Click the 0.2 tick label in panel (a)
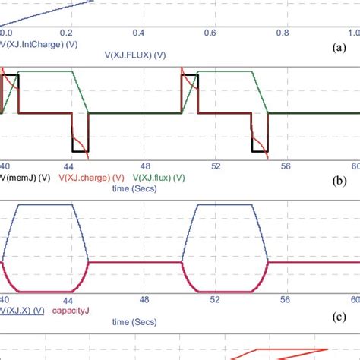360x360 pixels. pos(68,33)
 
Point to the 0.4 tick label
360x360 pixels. pos(139,33)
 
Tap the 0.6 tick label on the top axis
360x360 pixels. pos(209,33)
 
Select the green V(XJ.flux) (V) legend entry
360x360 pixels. pos(159,178)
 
